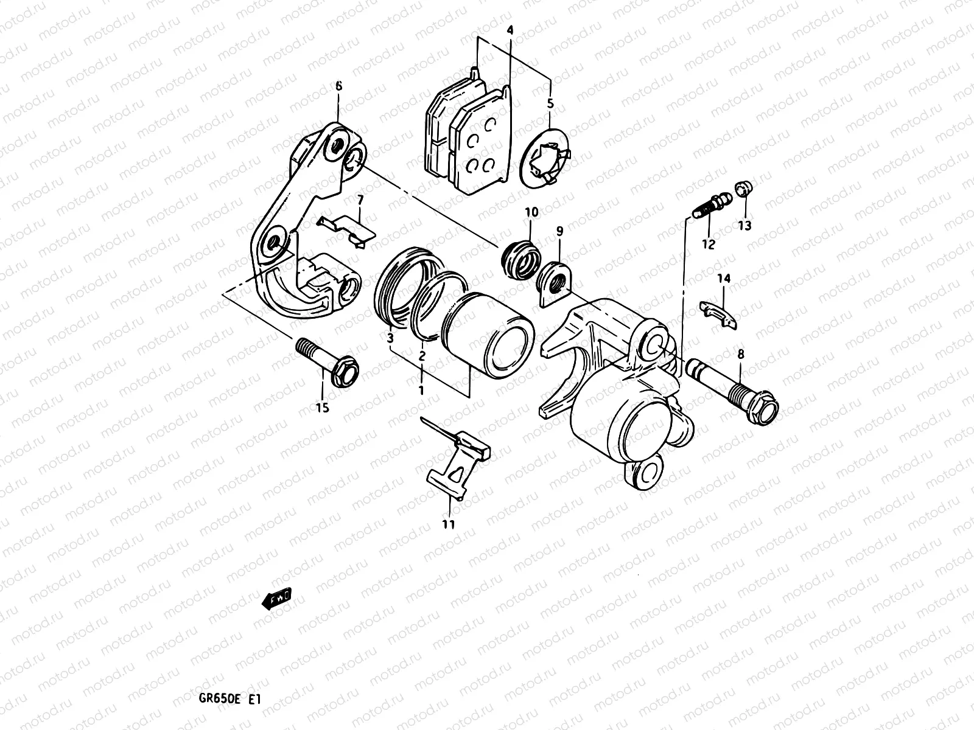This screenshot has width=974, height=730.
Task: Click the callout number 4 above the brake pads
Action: pos(510,30)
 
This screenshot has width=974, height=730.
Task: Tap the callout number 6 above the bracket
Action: pos(339,86)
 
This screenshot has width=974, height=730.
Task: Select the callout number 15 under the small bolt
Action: pos(323,408)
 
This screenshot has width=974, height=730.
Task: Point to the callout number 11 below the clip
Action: pos(449,524)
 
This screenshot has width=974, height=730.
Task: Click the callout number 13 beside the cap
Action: pos(745,226)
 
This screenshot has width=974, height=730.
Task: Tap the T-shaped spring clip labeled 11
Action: pos(458,462)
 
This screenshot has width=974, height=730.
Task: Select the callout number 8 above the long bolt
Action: pos(741,353)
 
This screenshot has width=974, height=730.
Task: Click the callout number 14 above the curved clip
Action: pos(723,279)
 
